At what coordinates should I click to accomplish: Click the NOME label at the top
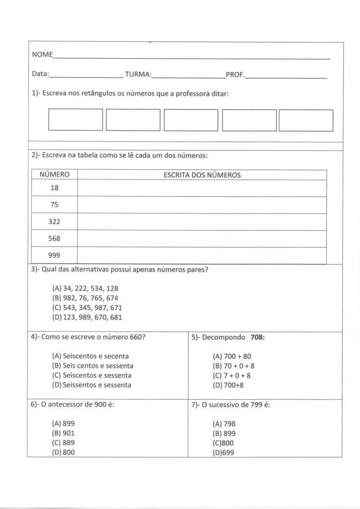tap(42, 54)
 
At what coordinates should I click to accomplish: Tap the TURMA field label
tap(138, 74)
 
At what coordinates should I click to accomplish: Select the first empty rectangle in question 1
tap(76, 120)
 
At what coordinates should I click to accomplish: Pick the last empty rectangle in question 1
tap(306, 120)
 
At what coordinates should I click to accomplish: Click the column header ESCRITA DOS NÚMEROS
tap(202, 175)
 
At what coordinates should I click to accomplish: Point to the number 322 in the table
tap(54, 222)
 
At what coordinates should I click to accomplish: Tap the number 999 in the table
tap(54, 255)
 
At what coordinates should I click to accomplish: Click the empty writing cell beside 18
tap(202, 188)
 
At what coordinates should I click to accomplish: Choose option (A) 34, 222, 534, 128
tap(85, 288)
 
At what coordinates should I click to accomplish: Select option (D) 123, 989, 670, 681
tap(87, 317)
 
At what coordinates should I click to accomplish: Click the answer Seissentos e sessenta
tap(91, 385)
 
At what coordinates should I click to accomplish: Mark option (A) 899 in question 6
tap(63, 424)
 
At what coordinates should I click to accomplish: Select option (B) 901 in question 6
tap(63, 433)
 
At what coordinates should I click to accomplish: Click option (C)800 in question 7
tap(223, 443)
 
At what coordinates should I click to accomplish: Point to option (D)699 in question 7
tap(223, 452)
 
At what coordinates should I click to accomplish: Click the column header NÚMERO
tap(54, 175)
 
